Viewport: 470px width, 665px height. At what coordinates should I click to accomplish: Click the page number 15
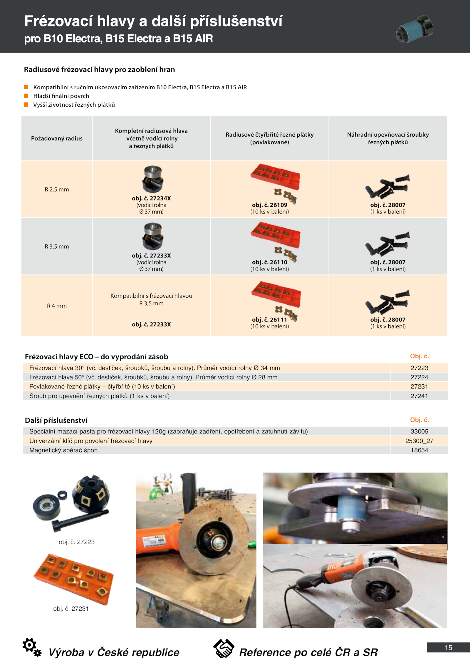tap(448, 647)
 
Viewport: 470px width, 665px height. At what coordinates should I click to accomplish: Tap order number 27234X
tap(151, 198)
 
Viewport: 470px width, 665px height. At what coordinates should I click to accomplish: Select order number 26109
tap(269, 205)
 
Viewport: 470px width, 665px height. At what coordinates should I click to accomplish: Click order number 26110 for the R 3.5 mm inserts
tap(269, 262)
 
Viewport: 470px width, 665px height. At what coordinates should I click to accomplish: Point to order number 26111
tap(269, 319)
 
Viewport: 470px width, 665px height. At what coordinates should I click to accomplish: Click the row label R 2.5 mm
tap(57, 190)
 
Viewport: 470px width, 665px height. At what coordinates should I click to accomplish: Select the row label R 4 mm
tap(57, 306)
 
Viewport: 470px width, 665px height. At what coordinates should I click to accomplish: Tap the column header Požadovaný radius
tap(57, 138)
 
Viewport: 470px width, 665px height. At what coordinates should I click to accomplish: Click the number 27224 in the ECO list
tap(419, 377)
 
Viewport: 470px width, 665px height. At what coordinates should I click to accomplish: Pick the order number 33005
tap(419, 431)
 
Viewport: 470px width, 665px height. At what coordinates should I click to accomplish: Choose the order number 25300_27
tap(419, 441)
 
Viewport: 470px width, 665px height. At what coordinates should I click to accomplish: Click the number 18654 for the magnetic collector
tap(419, 450)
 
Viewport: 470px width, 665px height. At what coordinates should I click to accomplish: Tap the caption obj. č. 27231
tap(71, 609)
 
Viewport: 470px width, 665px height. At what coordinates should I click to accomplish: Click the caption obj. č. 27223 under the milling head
tap(77, 542)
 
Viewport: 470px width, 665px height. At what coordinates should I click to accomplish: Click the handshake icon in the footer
tap(224, 648)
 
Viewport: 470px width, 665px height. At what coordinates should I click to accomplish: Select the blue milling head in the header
tap(414, 29)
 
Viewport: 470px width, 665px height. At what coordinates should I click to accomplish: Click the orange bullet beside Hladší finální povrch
tap(26, 96)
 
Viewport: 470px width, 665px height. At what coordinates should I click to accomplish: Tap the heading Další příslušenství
tap(56, 420)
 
